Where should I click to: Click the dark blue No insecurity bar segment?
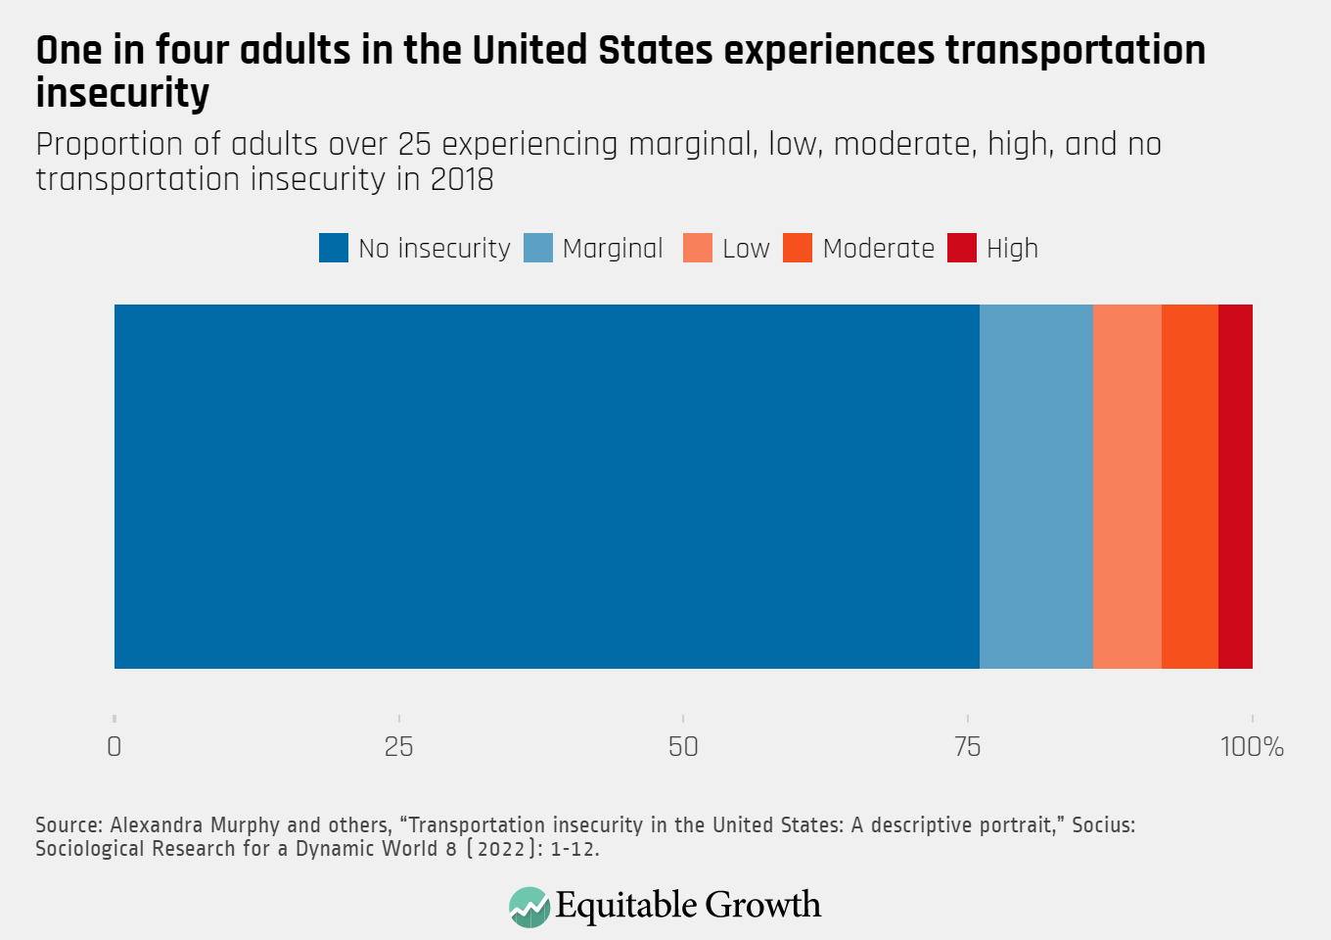pyautogui.click(x=546, y=487)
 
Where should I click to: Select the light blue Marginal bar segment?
pyautogui.click(x=1035, y=487)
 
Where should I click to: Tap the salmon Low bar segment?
pyautogui.click(x=1126, y=487)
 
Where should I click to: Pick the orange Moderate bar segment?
pyautogui.click(x=1189, y=487)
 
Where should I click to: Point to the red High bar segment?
pyautogui.click(x=1235, y=487)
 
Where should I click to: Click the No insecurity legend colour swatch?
pyautogui.click(x=334, y=249)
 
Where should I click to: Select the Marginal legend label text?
pyautogui.click(x=613, y=249)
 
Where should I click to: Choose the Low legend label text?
pyautogui.click(x=746, y=249)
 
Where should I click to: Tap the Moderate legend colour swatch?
pyautogui.click(x=798, y=249)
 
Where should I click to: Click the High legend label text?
pyautogui.click(x=1012, y=249)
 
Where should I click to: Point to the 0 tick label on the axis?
pyautogui.click(x=115, y=747)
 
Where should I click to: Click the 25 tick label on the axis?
pyautogui.click(x=398, y=747)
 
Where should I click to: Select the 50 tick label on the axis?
pyautogui.click(x=683, y=747)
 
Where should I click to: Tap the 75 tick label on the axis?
pyautogui.click(x=967, y=747)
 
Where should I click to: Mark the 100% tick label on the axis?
pyautogui.click(x=1252, y=747)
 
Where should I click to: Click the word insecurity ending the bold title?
pyautogui.click(x=122, y=94)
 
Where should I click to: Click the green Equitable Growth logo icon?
pyautogui.click(x=529, y=907)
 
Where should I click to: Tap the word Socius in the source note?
pyautogui.click(x=1103, y=825)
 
